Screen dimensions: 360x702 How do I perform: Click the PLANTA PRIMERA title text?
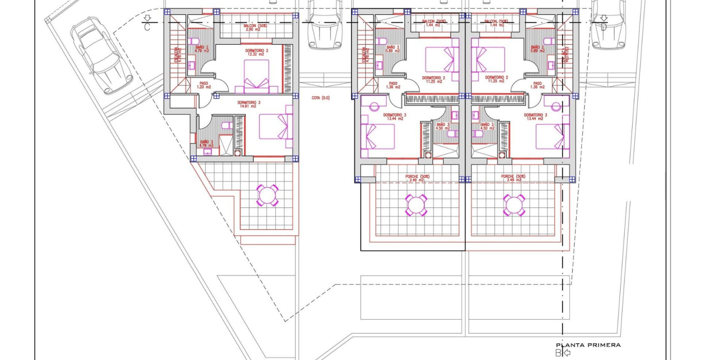coord(588,345)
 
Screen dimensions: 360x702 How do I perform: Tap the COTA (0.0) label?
coord(321,98)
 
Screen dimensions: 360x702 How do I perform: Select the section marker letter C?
coord(147,27)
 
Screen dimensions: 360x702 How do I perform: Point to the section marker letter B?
coord(558,353)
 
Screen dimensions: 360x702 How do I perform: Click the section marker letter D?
coord(604,27)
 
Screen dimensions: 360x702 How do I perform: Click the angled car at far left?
coord(102,55)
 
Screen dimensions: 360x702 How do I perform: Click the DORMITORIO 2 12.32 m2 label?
coord(257,52)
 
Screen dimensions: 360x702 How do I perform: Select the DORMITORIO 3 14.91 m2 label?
coord(249,104)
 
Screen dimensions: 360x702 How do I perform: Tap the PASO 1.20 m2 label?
coord(204,85)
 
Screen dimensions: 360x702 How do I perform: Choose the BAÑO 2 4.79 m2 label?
coord(201,49)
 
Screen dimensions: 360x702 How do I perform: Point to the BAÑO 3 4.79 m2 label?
coord(206,143)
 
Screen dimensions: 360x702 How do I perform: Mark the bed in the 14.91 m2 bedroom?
coord(276,126)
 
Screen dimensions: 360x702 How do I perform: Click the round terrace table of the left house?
coord(267,195)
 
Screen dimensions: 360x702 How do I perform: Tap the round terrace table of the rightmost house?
coord(513,205)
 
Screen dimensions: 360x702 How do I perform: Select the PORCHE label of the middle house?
coord(417,178)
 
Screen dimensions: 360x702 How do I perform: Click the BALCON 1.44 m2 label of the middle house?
coord(434,23)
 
